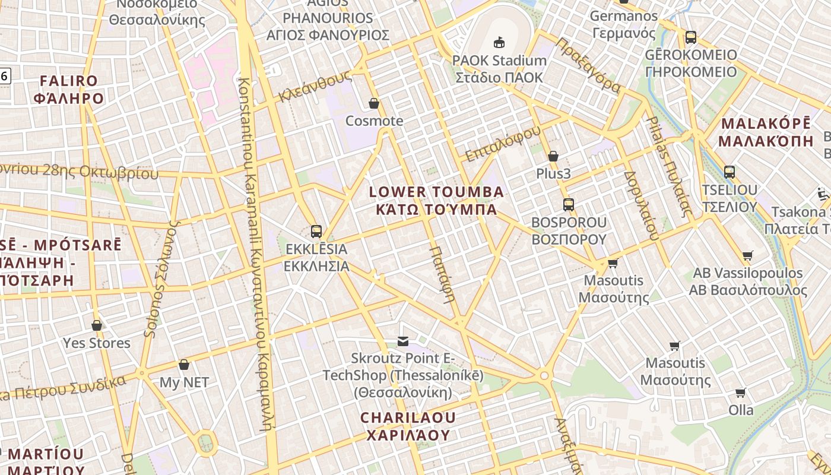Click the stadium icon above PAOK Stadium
tap(499, 42)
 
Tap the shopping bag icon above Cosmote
tap(374, 104)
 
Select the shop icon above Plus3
tap(553, 156)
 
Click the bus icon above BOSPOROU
tap(569, 205)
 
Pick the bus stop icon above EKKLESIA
tap(316, 232)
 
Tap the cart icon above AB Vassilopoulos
tap(748, 256)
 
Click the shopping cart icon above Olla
tap(740, 392)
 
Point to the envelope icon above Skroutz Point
tap(403, 341)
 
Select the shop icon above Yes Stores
tap(97, 325)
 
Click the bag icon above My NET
tap(184, 365)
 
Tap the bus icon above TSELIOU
tap(729, 172)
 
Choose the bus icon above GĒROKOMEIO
tap(691, 37)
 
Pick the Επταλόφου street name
tap(503, 144)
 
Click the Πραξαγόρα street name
tap(589, 66)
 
